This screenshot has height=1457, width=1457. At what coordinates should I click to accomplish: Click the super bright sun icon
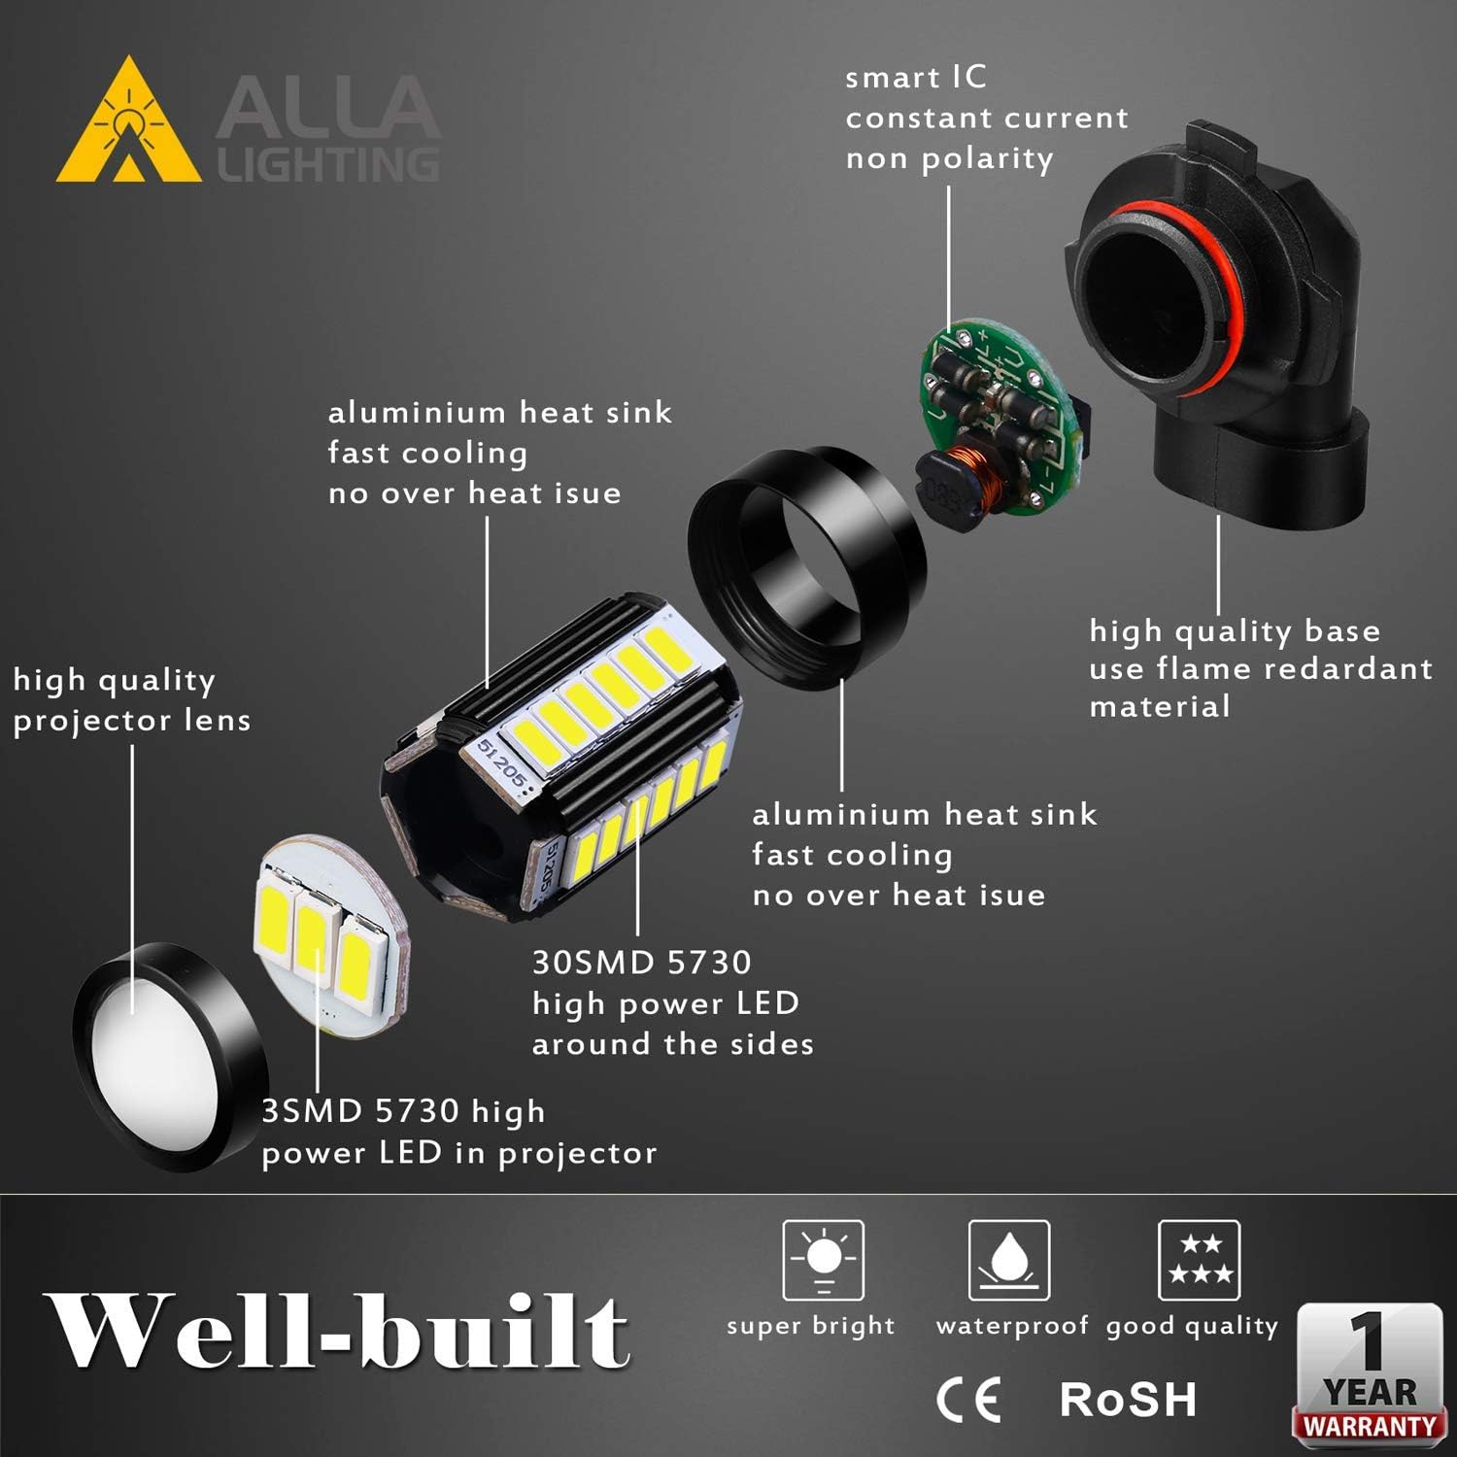point(824,1260)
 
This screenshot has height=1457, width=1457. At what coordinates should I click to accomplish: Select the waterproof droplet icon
point(1009,1260)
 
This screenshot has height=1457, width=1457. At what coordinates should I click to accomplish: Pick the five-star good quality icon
point(1199,1260)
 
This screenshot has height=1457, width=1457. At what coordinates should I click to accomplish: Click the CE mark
point(967,1400)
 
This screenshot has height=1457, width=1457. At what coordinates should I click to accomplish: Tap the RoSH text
point(1128,1400)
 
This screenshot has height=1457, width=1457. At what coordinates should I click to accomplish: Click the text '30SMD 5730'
point(642,963)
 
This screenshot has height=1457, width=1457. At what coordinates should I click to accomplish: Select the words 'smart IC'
point(915,78)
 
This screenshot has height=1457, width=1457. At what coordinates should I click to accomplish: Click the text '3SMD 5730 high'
point(403,1111)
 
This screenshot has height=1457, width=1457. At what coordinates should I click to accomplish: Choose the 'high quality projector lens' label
point(131,699)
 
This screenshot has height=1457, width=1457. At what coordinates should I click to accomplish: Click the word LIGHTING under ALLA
point(328,165)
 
